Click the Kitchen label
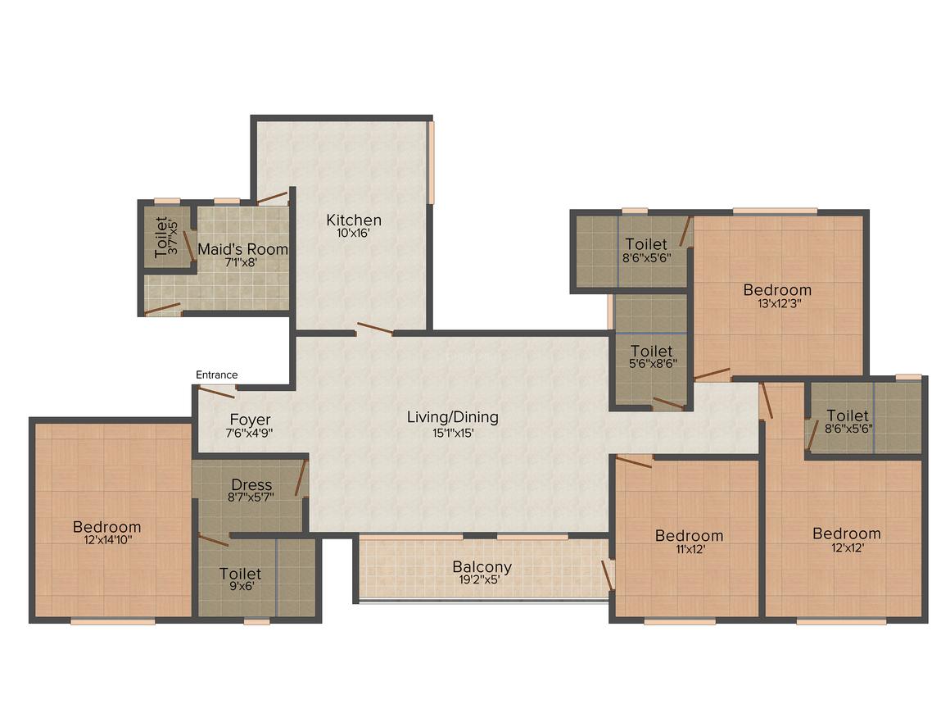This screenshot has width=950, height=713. [354, 220]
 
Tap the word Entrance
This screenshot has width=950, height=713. [216, 375]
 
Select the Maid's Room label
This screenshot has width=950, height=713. [242, 249]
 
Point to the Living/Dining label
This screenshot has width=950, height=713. [453, 417]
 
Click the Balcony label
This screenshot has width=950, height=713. [482, 567]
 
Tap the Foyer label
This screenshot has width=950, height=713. [251, 420]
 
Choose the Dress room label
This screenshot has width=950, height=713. [251, 485]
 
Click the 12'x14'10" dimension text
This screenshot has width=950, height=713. [108, 539]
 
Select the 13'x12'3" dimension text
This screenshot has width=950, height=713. [779, 303]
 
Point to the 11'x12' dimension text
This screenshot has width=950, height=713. [690, 549]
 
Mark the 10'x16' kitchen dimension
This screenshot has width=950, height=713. [353, 233]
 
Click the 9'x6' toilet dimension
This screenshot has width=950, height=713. [241, 586]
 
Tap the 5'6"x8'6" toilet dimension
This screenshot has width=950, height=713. [654, 364]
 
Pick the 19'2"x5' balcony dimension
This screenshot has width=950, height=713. [479, 579]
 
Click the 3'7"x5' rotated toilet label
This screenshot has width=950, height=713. [174, 237]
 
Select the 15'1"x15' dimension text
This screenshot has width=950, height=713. [453, 433]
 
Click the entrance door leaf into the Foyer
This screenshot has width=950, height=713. [216, 392]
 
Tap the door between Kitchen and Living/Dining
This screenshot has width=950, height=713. [374, 329]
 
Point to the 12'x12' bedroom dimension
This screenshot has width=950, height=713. [848, 547]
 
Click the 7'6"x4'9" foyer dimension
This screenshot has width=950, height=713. [249, 433]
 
